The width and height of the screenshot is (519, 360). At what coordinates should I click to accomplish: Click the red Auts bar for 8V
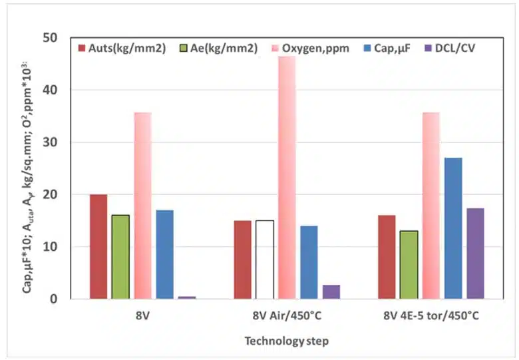tap(98, 247)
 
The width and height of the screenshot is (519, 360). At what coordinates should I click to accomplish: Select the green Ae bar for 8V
tap(120, 257)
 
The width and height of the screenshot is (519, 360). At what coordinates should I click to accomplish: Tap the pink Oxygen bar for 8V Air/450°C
tap(287, 178)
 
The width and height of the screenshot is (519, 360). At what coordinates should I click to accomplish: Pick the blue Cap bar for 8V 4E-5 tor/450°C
tap(453, 228)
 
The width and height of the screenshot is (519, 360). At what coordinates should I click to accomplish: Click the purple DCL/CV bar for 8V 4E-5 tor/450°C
tap(475, 254)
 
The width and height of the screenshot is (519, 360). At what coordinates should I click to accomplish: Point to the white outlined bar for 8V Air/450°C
tap(265, 260)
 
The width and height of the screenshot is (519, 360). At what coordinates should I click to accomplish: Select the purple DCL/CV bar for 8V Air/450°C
tap(331, 291)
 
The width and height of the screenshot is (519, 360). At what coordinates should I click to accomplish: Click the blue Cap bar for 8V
tap(165, 255)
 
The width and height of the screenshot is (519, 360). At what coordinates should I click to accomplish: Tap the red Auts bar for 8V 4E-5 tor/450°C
tap(387, 257)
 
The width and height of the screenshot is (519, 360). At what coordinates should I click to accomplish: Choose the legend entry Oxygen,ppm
tap(312, 48)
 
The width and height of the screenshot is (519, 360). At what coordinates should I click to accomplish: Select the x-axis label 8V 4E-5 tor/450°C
tap(431, 315)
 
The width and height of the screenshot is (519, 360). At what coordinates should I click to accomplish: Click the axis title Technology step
tap(287, 341)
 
